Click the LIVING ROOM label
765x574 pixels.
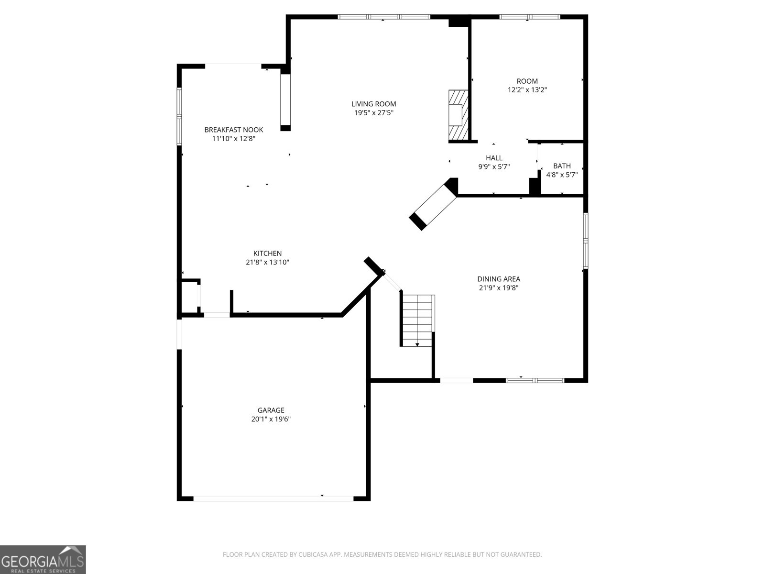(x=373, y=104)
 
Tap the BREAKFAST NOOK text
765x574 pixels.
(x=233, y=130)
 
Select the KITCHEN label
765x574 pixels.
(x=267, y=253)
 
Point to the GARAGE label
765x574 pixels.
(x=271, y=410)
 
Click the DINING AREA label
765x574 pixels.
(x=498, y=279)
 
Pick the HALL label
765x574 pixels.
(x=494, y=158)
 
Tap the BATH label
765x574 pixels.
(x=562, y=166)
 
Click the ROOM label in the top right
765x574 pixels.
(x=527, y=81)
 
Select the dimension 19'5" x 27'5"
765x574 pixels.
(x=373, y=113)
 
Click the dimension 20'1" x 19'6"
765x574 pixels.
(x=271, y=419)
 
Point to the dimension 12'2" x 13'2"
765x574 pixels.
(x=527, y=89)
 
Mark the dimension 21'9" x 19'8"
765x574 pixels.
(x=498, y=288)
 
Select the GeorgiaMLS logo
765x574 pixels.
(x=43, y=559)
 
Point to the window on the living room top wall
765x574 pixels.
(x=384, y=17)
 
